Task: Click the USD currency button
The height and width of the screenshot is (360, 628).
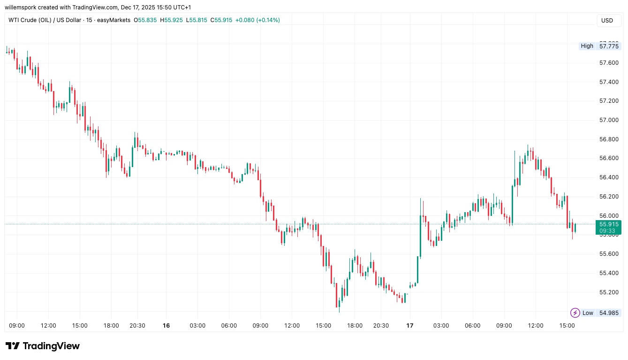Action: (607, 21)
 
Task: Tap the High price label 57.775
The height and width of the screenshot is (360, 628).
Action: (608, 46)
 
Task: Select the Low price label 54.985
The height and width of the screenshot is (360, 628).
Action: (608, 313)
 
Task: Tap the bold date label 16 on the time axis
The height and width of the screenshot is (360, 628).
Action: (166, 325)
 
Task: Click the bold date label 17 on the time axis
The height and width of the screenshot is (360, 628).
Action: (410, 325)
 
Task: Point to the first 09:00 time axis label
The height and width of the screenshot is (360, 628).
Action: (17, 325)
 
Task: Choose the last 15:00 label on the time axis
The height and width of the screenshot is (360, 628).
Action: (567, 325)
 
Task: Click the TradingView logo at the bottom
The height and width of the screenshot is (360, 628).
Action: (43, 346)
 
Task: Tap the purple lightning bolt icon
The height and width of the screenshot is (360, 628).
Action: (575, 313)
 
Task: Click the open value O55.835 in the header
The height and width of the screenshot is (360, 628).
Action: (147, 20)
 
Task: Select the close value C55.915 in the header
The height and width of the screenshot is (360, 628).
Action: (221, 20)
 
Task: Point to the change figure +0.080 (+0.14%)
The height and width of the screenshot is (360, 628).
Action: (257, 20)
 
